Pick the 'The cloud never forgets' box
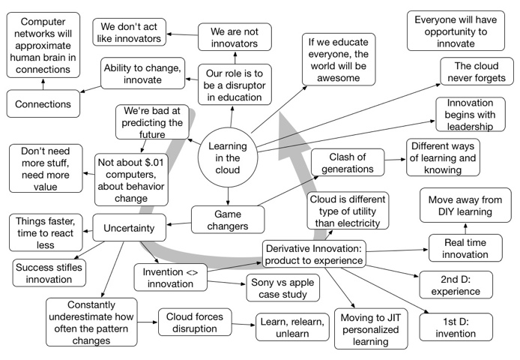pos(476,72)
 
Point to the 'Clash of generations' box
pos(347,162)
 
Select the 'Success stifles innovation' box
pos(48,272)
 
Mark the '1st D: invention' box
pos(453,326)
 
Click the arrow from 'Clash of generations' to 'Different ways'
pos(394,159)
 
